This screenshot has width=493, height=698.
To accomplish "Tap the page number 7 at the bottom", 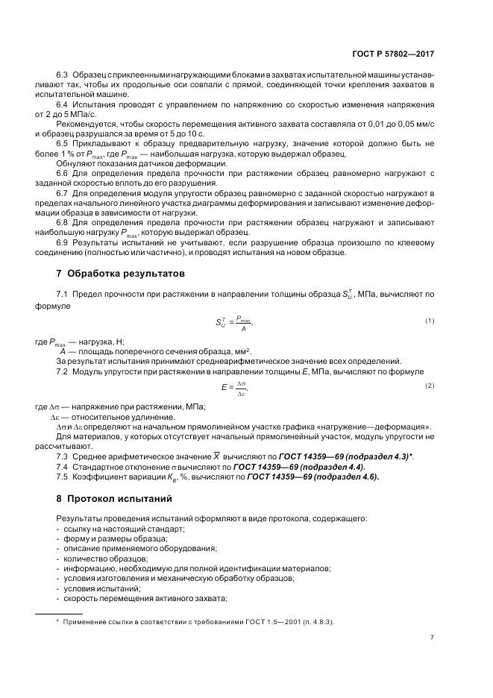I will pyautogui.click(x=432, y=637).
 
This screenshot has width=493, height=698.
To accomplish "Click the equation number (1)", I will pyautogui.click(x=430, y=321).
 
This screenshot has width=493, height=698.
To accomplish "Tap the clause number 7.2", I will pyautogui.click(x=63, y=371).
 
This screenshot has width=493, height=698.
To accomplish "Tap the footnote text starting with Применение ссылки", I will pyautogui.click(x=198, y=622).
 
